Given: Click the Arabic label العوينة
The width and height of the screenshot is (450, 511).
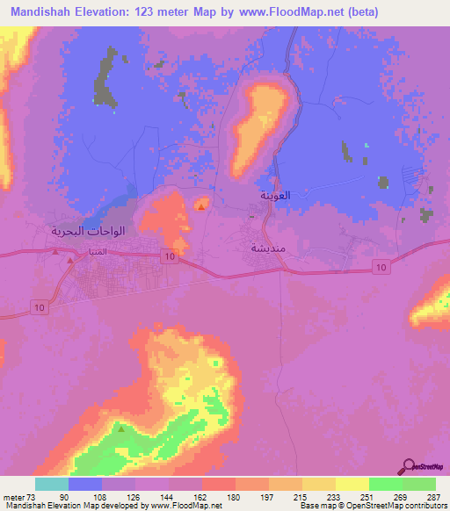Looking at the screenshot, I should (273, 196).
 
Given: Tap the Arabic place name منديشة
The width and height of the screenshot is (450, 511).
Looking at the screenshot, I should (267, 248).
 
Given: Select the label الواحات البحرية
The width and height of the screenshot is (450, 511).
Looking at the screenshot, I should (88, 231).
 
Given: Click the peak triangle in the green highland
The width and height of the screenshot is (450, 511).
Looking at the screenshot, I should (121, 429).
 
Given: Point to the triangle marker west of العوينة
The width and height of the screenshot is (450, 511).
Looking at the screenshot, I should (202, 207).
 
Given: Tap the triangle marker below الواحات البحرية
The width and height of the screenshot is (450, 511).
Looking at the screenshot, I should (56, 250).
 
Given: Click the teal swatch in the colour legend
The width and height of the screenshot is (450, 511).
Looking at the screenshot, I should (52, 484).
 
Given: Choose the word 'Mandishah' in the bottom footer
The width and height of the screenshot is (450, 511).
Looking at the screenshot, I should (22, 507).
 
